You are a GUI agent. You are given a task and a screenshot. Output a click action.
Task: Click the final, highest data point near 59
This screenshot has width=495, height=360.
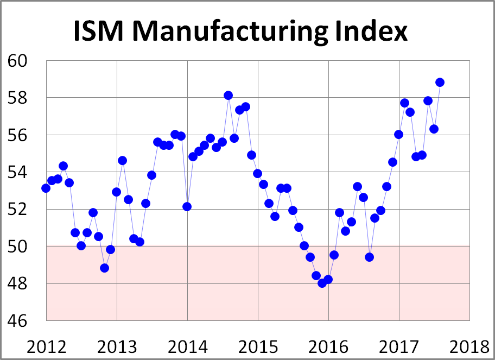[x=440, y=83]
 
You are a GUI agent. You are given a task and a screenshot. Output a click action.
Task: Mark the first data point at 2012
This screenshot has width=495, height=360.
[x=46, y=188]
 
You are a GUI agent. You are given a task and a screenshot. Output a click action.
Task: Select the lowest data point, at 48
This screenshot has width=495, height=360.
[x=322, y=283]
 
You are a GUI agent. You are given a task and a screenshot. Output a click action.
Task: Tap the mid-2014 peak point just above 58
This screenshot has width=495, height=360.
[x=229, y=96]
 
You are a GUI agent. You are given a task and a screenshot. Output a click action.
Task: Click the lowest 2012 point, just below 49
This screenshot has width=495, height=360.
[x=105, y=268]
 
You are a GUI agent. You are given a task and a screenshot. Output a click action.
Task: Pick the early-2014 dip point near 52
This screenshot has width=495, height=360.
[x=187, y=206]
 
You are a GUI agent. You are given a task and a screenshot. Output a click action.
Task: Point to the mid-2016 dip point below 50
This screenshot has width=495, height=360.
[x=369, y=257]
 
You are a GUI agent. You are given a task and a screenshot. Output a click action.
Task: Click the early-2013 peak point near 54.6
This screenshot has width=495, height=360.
[x=122, y=161]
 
